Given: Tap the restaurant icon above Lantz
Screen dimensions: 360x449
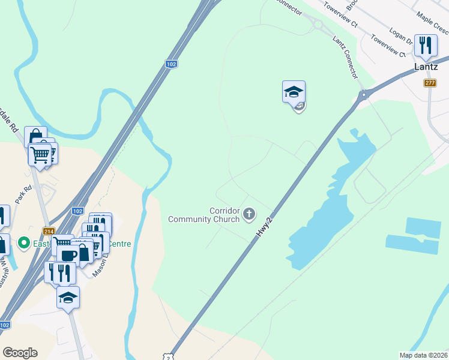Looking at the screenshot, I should click(426, 45).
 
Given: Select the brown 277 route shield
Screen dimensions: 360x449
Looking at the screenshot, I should click(430, 83).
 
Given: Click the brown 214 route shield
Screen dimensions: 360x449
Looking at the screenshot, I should click(49, 231).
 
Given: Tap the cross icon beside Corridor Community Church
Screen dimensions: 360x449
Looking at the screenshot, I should click(249, 214).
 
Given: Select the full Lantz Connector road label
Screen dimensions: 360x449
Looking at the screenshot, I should click(345, 57).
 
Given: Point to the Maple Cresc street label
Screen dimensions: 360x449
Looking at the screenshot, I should click(432, 26).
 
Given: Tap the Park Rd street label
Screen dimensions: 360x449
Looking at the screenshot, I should click(23, 195).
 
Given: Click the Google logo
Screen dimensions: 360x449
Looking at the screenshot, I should click(20, 353).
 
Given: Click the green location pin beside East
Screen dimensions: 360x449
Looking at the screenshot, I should click(24, 243).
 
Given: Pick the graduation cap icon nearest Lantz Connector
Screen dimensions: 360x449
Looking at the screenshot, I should click(294, 92).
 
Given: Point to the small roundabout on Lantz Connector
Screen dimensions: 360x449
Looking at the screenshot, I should click(317, 25).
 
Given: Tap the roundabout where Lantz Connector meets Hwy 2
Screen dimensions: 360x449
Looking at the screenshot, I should click(363, 94).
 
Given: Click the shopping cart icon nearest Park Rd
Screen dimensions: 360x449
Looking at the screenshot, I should click(40, 154).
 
